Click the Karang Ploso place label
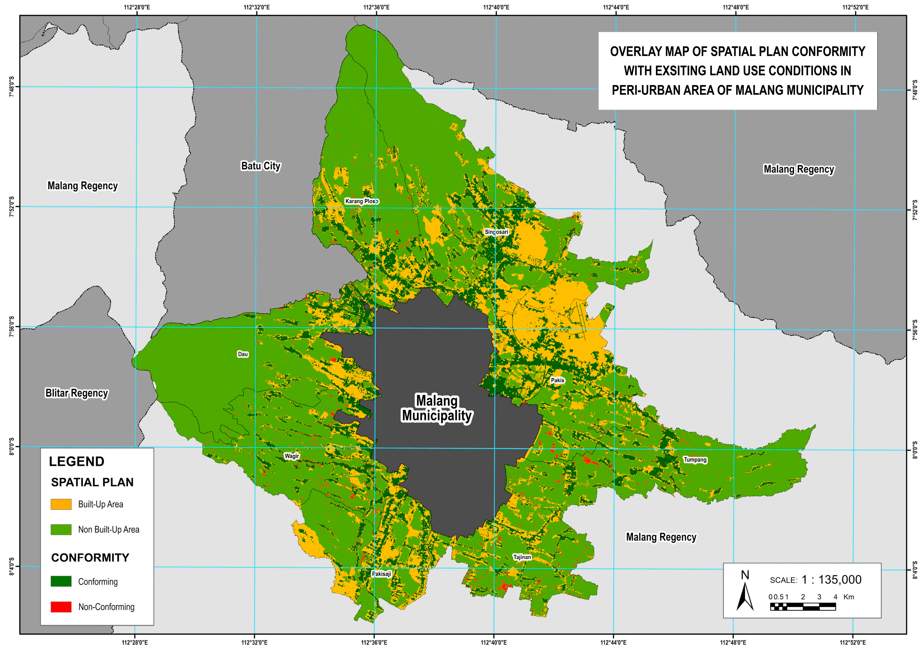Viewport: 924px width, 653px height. coord(361,201)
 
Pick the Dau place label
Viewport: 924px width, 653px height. coord(243,354)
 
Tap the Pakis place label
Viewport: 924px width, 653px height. coord(557,380)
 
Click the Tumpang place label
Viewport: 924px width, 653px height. coord(695,460)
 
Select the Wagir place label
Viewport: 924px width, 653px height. coord(291,456)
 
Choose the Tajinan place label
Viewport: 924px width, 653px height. coord(522,557)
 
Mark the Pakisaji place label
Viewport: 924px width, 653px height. coord(382,574)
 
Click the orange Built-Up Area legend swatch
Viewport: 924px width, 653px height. coord(61,505)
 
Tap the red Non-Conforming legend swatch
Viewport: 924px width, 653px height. coord(61,607)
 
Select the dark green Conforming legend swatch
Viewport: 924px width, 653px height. coord(61,581)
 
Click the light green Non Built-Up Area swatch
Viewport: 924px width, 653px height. coord(61,529)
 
